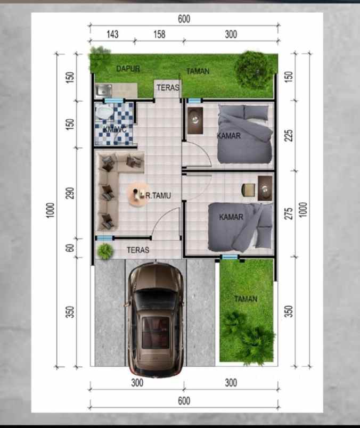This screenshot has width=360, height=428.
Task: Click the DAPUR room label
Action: tap(128, 69)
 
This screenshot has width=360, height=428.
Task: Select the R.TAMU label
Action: tap(158, 196)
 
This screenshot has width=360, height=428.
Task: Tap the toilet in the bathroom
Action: tap(103, 112)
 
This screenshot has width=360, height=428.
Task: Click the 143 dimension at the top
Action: tap(112, 35)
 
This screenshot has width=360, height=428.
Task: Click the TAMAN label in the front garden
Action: tap(246, 299)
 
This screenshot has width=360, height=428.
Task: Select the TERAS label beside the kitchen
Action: tap(168, 88)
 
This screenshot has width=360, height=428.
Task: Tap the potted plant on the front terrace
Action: tap(105, 251)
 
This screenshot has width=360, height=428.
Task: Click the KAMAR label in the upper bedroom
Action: tap(229, 136)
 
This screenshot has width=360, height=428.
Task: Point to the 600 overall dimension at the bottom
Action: tap(184, 401)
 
